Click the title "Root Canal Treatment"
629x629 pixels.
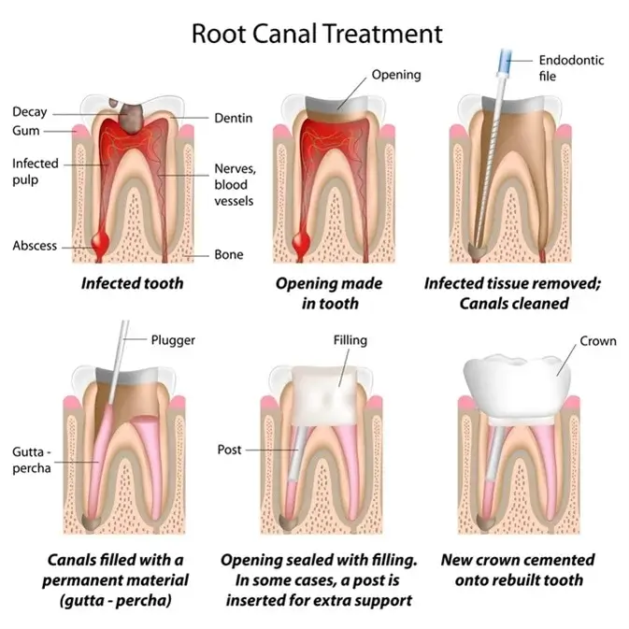[x=316, y=35]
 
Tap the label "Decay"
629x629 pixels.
[x=29, y=112]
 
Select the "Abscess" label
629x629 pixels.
[x=34, y=246]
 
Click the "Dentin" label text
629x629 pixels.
[x=233, y=118]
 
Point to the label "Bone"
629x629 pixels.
[x=228, y=254]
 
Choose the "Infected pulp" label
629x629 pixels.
[x=35, y=171]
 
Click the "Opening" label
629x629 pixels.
[x=395, y=75]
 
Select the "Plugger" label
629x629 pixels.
[x=173, y=339]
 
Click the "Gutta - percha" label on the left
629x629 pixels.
[x=31, y=460]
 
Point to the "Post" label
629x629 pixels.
[x=229, y=450]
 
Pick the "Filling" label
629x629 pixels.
[x=350, y=340]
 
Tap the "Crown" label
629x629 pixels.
[x=597, y=341]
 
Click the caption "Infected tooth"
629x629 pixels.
[x=131, y=283]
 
